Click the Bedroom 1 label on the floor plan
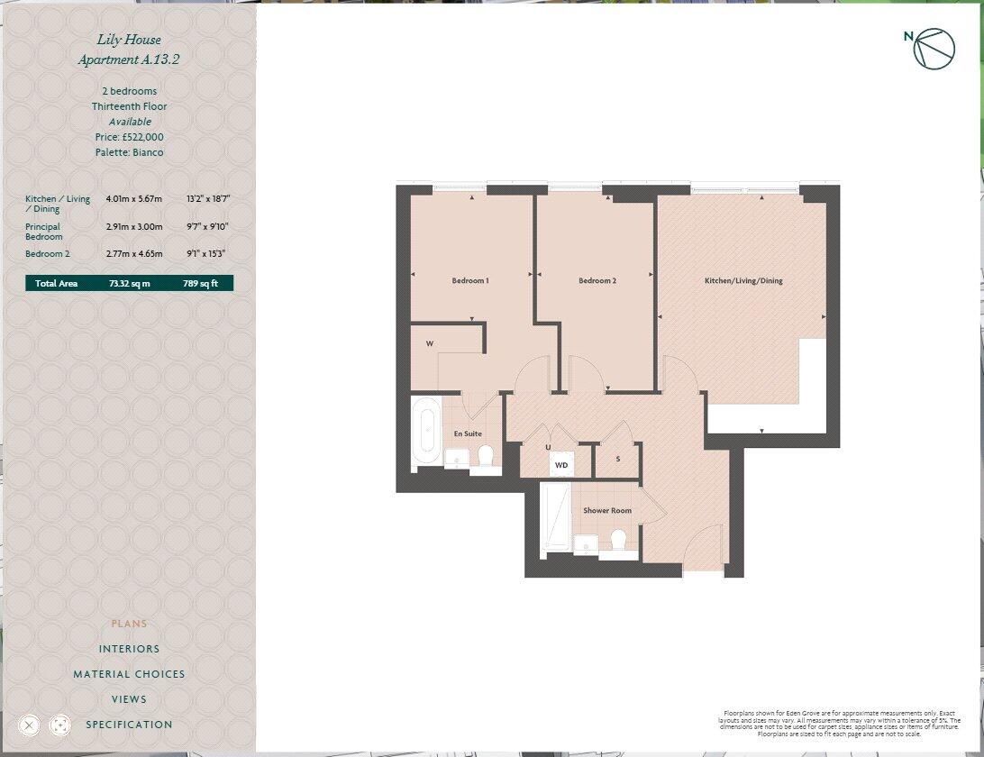tap(470, 281)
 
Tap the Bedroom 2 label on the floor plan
tap(597, 281)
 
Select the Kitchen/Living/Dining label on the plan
tap(743, 281)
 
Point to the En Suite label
tap(468, 434)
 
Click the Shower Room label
tap(607, 511)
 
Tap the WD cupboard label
tap(561, 465)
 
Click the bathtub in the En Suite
tap(425, 433)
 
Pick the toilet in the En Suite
tap(487, 455)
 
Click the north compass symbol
tap(933, 49)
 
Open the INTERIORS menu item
tap(129, 649)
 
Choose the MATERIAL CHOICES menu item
tap(129, 674)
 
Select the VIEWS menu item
tap(129, 699)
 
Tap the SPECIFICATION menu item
tap(129, 725)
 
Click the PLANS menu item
tap(129, 624)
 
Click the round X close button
tap(29, 725)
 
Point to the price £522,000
tap(130, 137)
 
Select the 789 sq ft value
tap(200, 284)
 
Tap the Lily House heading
tap(129, 40)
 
